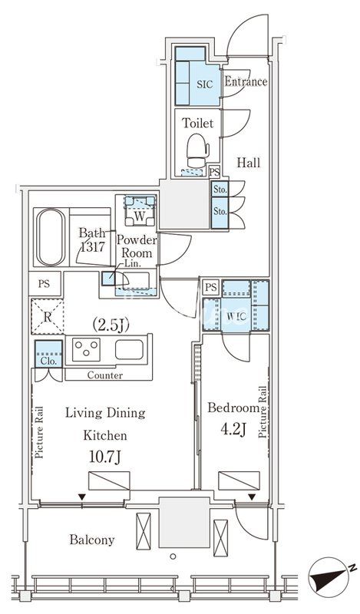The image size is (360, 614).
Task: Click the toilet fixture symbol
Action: tap(197, 150)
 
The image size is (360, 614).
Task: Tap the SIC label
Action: tap(204, 84)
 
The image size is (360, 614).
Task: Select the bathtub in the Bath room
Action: tap(51, 237)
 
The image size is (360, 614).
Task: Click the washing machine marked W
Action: tap(139, 211)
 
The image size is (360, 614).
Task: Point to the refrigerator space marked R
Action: tap(47, 317)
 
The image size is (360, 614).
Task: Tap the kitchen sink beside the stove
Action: tap(129, 349)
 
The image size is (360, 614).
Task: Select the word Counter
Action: tap(105, 375)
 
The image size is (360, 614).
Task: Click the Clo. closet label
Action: tap(48, 361)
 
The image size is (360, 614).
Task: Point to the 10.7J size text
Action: tap(104, 457)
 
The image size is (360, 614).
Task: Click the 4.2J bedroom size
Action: tap(233, 430)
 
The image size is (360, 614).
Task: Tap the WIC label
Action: tap(236, 316)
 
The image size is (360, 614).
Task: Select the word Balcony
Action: tap(92, 540)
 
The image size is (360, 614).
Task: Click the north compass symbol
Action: tap(329, 574)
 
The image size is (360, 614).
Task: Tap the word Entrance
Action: tap(246, 81)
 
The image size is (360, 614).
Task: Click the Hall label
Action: tap(249, 163)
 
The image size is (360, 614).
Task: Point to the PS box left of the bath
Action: tap(45, 283)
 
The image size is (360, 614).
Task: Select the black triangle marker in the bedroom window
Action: tap(252, 497)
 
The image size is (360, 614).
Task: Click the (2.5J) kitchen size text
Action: tap(111, 325)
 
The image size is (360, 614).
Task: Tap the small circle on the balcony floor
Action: tap(173, 556)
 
